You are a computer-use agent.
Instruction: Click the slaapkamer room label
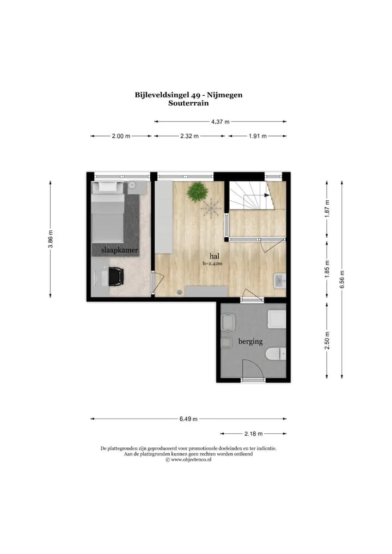119,250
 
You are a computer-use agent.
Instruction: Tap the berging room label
250,341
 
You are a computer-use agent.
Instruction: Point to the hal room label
214,256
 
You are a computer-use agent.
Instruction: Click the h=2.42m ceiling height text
212,263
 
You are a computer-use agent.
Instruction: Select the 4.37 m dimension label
220,121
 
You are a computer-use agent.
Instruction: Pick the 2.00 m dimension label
121,136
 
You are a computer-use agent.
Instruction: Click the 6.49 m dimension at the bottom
188,419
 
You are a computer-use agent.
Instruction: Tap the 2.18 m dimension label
254,434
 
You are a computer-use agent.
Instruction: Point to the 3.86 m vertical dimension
51,239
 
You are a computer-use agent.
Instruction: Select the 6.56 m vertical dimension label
342,280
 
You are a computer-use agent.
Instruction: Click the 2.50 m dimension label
327,341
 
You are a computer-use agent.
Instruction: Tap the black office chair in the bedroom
115,276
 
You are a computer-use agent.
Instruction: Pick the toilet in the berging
275,354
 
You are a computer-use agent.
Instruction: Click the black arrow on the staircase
265,195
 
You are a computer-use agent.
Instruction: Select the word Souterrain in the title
188,103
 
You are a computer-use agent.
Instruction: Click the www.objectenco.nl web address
191,460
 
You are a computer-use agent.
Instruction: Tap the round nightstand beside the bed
133,185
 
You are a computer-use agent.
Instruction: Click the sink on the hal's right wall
280,281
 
